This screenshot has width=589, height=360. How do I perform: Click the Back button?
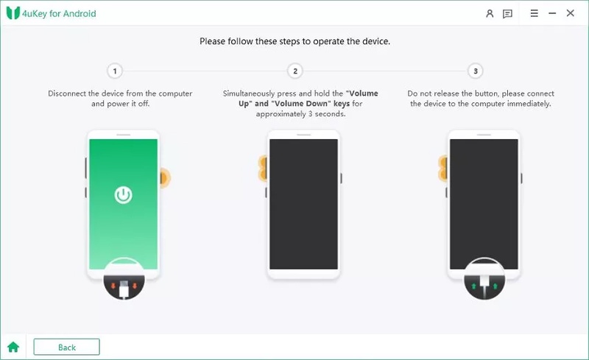click(66, 347)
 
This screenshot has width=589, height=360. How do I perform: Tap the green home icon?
click(13, 347)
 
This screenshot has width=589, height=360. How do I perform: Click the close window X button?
click(570, 13)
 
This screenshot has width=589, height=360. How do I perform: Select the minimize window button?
click(552, 13)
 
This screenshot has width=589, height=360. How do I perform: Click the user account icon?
click(490, 13)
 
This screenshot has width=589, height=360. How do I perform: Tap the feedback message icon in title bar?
click(507, 13)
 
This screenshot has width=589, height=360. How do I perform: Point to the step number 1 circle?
click(114, 71)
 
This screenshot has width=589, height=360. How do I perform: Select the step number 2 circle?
click(295, 71)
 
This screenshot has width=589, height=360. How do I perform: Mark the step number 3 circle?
click(476, 71)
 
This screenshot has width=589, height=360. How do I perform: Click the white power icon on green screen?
click(123, 195)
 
